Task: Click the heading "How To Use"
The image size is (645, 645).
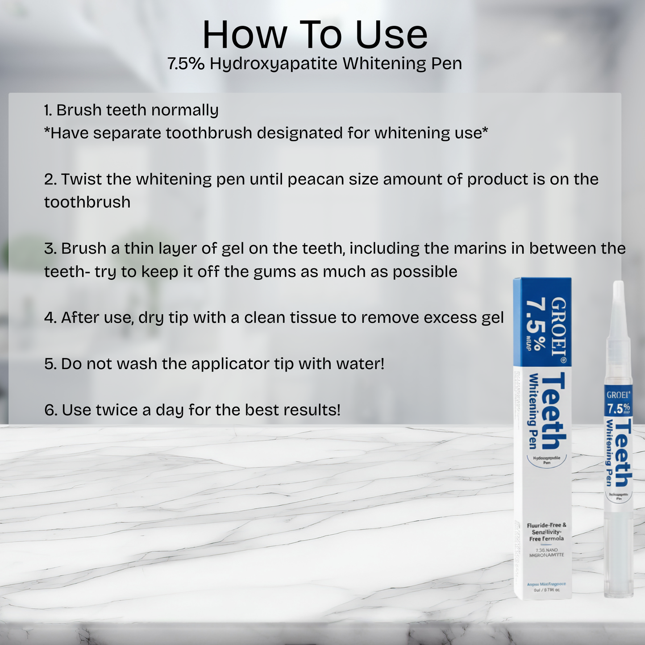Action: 315,35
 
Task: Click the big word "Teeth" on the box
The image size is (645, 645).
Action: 553,411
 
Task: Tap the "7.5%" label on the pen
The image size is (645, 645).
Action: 618,408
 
